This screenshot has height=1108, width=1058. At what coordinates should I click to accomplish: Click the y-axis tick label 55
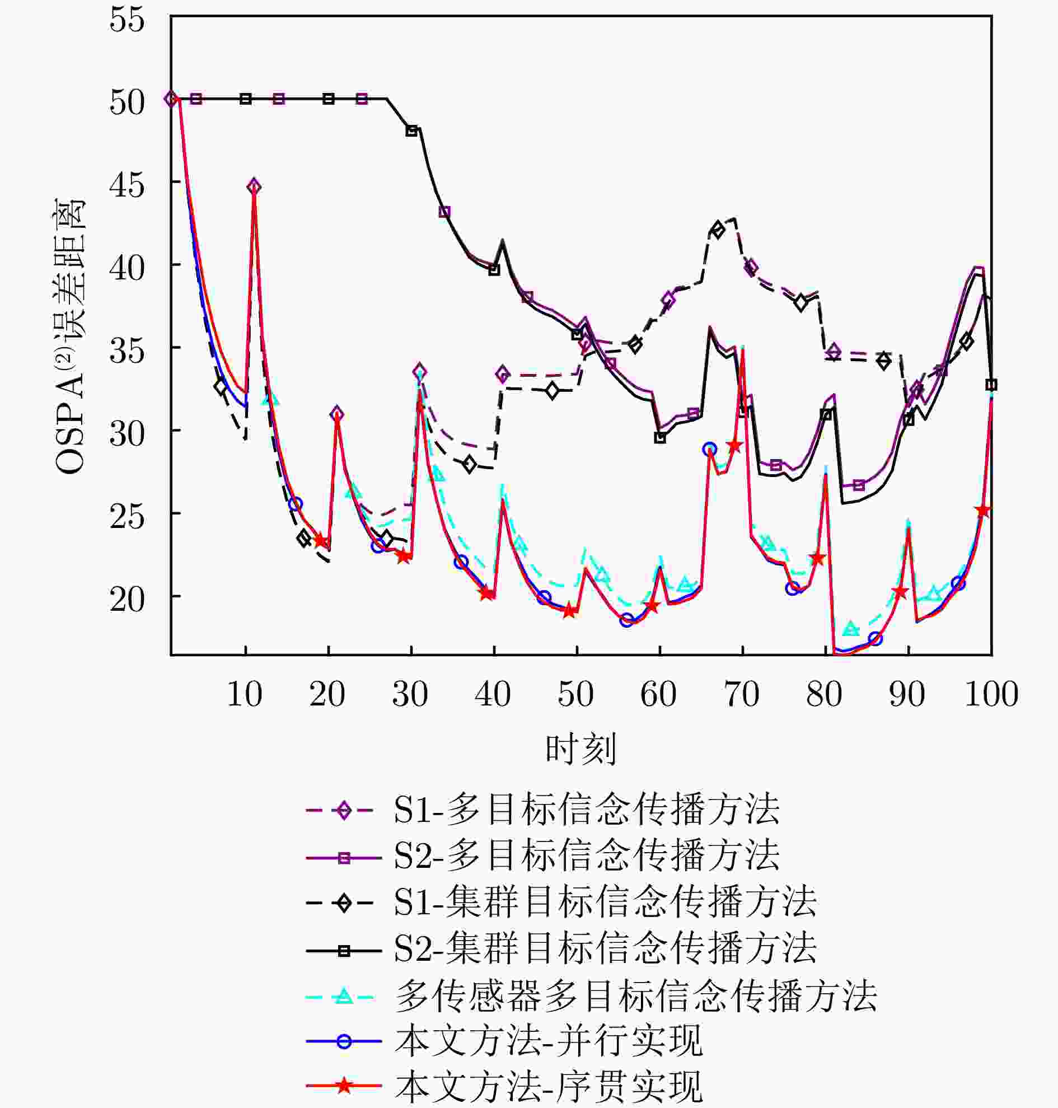click(x=128, y=20)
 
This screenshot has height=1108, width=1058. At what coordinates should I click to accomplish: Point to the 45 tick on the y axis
click(x=128, y=184)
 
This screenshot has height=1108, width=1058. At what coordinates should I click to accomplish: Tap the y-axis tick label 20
click(x=128, y=599)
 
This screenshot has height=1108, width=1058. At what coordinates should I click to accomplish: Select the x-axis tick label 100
click(x=991, y=695)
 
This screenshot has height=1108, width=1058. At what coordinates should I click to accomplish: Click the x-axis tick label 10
click(x=244, y=695)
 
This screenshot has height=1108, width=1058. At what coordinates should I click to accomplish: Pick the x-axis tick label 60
click(x=658, y=695)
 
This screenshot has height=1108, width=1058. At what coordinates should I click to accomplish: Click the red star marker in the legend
click(x=344, y=1086)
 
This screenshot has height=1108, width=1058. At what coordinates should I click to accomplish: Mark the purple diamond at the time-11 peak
click(x=254, y=187)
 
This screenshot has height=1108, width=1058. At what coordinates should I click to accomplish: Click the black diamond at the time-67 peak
click(x=718, y=230)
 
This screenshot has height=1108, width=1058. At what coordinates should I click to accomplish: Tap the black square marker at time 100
click(x=991, y=385)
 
